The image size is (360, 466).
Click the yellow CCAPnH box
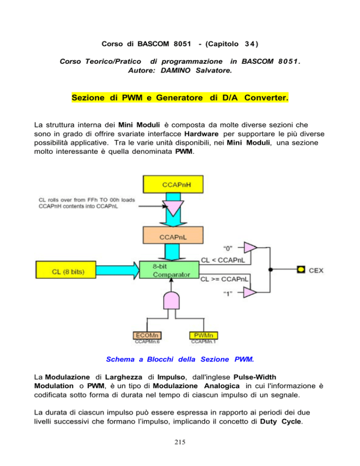tap(173, 184)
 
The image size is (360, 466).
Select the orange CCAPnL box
tap(173, 235)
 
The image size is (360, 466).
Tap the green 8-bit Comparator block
tap(169, 270)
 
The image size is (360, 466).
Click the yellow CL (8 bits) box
tap(66, 270)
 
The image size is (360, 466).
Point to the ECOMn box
tap(147, 336)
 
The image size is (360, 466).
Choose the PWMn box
tap(203, 336)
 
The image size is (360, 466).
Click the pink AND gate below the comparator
tap(171, 301)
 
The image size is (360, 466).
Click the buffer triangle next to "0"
tap(250, 247)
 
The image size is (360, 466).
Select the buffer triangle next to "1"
tap(250, 293)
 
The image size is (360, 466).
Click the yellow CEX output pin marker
tap(301, 270)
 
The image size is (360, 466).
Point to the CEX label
tap(316, 271)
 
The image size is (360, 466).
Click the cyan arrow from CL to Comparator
tap(118, 270)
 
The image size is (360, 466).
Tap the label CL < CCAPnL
tap(223, 260)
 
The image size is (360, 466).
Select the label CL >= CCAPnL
tap(224, 279)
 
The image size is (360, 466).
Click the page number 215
tap(180, 442)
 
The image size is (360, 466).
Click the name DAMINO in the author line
tap(175, 70)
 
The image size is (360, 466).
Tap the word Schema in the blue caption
tap(120, 359)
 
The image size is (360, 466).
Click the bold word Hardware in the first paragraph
tap(202, 134)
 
